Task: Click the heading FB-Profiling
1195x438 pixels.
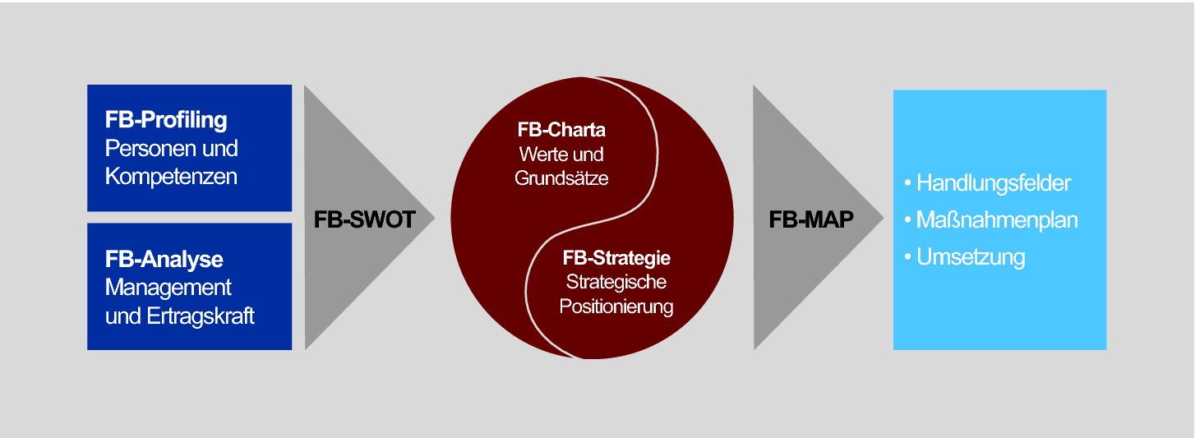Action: pyautogui.click(x=165, y=120)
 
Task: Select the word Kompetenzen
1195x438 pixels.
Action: pyautogui.click(x=171, y=177)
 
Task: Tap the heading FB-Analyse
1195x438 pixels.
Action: pyautogui.click(x=164, y=260)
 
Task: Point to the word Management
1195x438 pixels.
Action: pyautogui.click(x=168, y=288)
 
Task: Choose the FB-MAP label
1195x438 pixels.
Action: pyautogui.click(x=811, y=220)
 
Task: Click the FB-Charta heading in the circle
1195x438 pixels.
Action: pyautogui.click(x=561, y=130)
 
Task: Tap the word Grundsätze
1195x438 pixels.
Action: pyautogui.click(x=561, y=178)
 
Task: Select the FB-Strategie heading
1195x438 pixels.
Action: pyautogui.click(x=616, y=258)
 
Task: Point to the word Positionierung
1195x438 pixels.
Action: pyautogui.click(x=616, y=307)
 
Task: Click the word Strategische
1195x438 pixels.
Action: pyautogui.click(x=616, y=282)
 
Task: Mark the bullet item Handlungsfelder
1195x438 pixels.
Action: pyautogui.click(x=993, y=182)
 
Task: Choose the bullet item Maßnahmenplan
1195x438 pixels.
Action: pyautogui.click(x=997, y=220)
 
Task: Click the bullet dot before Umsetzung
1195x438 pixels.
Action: pyautogui.click(x=908, y=257)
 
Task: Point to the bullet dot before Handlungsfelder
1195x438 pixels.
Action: pyautogui.click(x=908, y=182)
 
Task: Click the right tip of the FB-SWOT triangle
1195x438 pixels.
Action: pyautogui.click(x=432, y=218)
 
